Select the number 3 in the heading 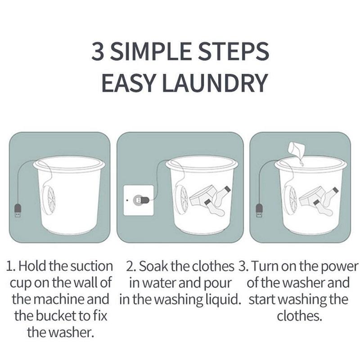click(x=98, y=53)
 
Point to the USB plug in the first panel click(x=18, y=211)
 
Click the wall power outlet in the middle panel click(x=139, y=199)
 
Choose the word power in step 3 click(x=336, y=266)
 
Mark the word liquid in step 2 click(x=223, y=300)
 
